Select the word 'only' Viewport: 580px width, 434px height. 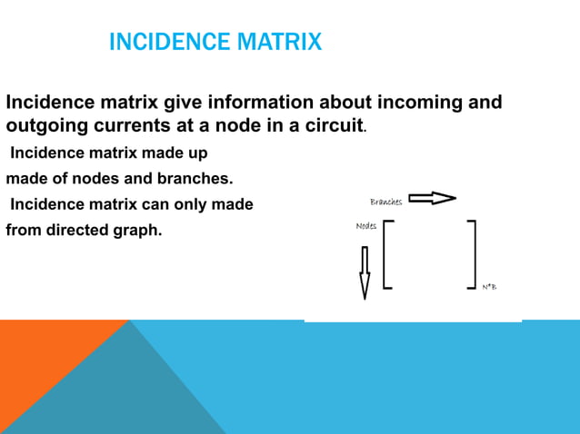click(185, 204)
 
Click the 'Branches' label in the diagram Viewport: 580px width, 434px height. click(385, 201)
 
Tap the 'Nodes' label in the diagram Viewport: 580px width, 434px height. click(365, 225)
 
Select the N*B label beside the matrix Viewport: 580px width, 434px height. click(489, 287)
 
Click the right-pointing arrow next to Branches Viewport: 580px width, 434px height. click(432, 199)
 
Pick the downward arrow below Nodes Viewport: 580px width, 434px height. click(365, 272)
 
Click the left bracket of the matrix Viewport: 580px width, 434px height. click(387, 254)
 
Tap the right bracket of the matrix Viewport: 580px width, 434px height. click(472, 254)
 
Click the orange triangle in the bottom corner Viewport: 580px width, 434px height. click(45, 363)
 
